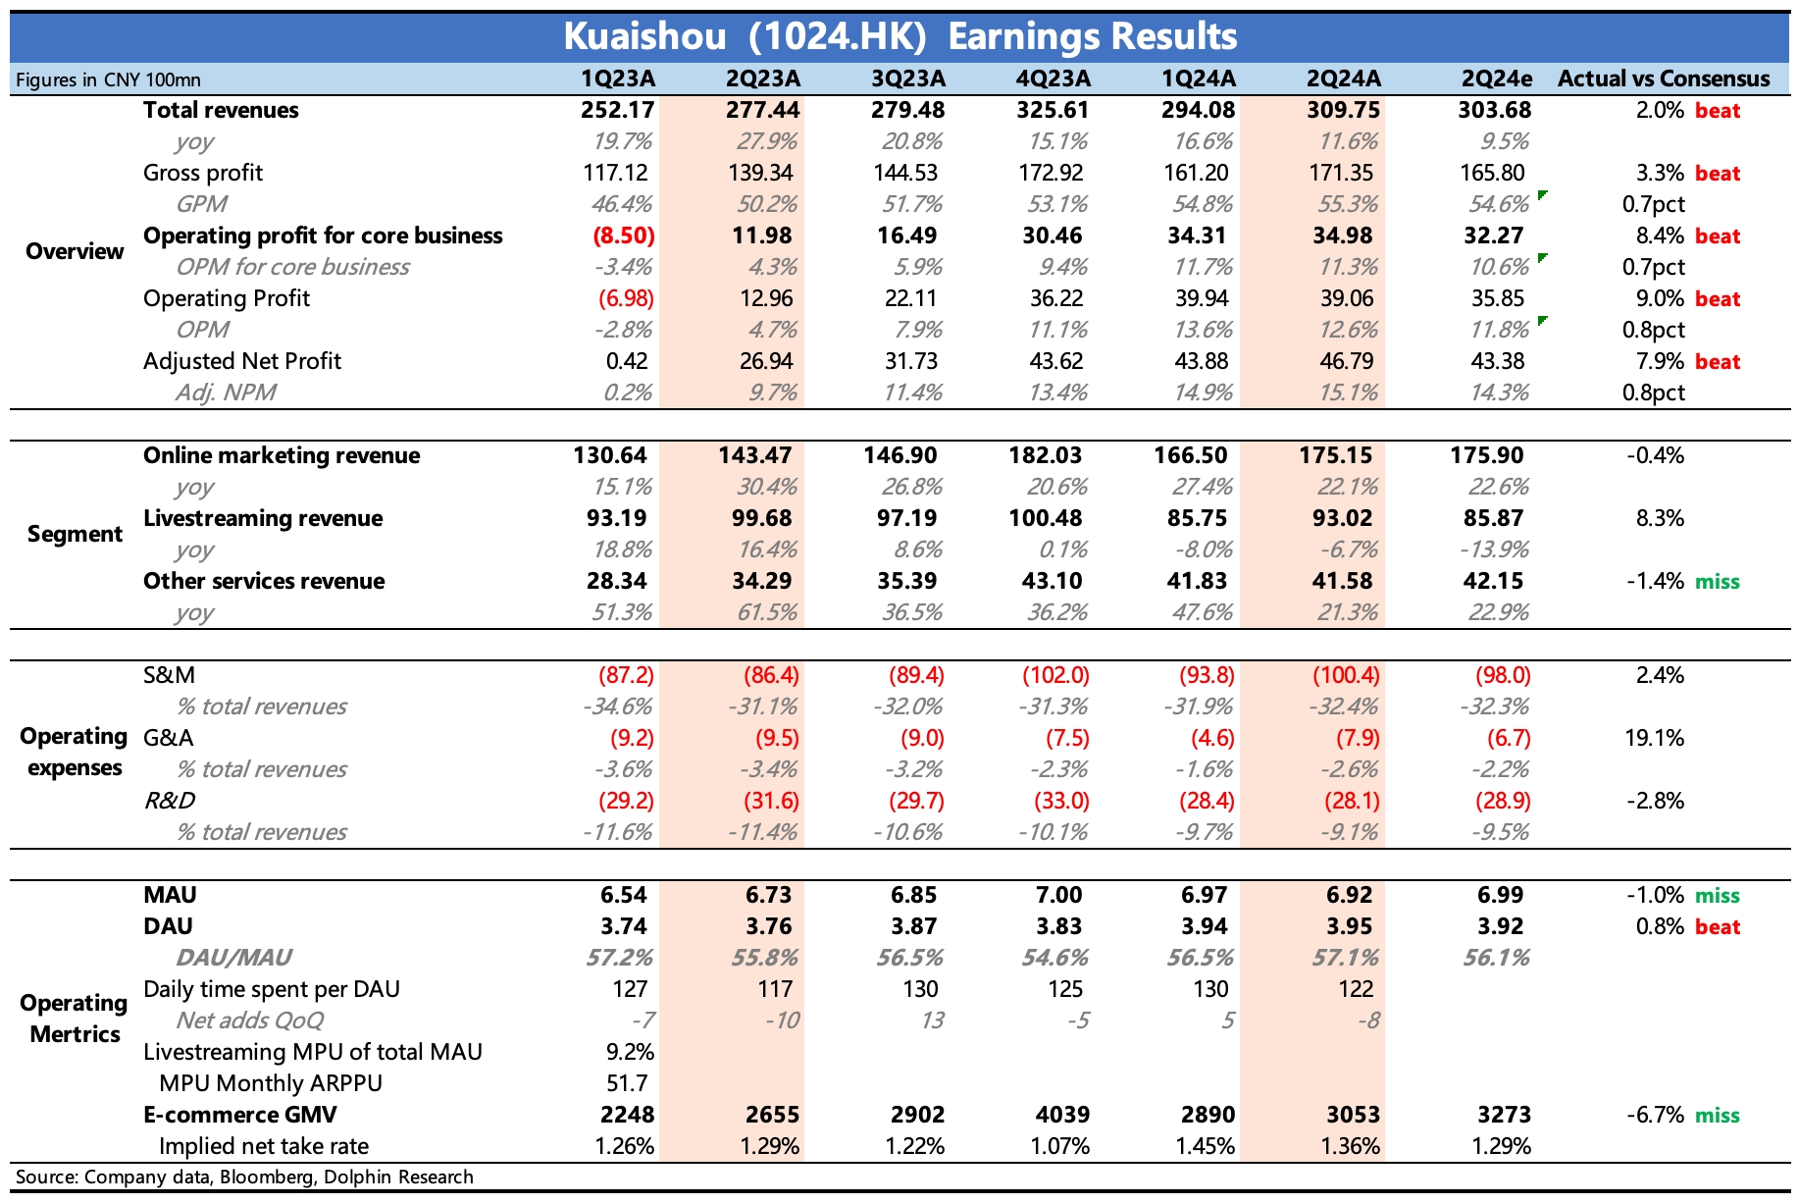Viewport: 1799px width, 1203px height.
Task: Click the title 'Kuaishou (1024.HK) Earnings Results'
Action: [x=899, y=36]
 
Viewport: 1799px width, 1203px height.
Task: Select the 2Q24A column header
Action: [x=1343, y=78]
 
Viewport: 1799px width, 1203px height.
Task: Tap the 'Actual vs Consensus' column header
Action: [x=1664, y=78]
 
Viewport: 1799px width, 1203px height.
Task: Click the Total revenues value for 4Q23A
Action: [x=1053, y=110]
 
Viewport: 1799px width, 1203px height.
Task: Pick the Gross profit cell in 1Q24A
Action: [x=1196, y=173]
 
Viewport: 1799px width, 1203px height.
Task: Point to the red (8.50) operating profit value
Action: [x=623, y=235]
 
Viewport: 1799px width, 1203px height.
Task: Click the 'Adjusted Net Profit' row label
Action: [x=241, y=361]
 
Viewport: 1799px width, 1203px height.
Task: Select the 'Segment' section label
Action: [x=75, y=534]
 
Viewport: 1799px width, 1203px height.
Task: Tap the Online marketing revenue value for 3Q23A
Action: [x=899, y=455]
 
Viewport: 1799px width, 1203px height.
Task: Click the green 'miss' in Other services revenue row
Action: [x=1717, y=581]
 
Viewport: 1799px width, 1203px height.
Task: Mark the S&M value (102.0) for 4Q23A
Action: [x=1055, y=675]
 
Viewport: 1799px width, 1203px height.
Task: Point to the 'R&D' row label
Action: [x=169, y=801]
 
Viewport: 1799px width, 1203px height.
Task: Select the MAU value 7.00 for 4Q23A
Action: [x=1058, y=895]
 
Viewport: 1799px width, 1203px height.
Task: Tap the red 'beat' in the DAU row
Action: [x=1717, y=926]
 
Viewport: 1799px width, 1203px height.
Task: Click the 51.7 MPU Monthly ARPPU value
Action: [x=628, y=1083]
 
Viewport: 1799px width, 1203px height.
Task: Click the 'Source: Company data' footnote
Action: [x=244, y=1177]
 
